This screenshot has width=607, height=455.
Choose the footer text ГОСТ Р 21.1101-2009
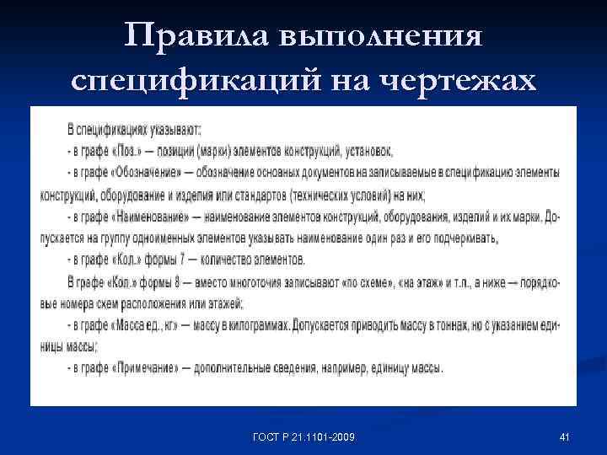[x=303, y=436]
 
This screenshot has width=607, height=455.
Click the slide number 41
[x=564, y=436]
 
